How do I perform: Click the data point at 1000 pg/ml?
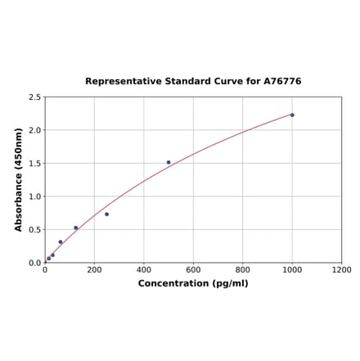coord(292,115)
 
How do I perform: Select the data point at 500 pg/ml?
coord(169,162)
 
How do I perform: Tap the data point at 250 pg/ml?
coord(106,214)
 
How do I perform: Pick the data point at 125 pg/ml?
coord(76,228)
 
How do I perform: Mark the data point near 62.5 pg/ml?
coord(61,241)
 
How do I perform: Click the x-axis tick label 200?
coord(94,270)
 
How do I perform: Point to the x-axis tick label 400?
coord(144,270)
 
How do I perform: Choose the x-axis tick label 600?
coord(193,270)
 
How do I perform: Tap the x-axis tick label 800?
coord(243,270)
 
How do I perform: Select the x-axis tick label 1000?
coord(292,270)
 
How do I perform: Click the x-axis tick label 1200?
coord(341,270)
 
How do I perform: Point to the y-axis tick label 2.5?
coord(34,97)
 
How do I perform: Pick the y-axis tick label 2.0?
coord(34,130)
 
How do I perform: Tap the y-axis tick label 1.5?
coord(34,164)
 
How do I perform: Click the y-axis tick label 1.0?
coord(34,196)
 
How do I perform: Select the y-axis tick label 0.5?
coord(34,230)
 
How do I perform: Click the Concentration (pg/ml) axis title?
coord(193,284)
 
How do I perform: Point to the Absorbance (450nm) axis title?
coord(18,179)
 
